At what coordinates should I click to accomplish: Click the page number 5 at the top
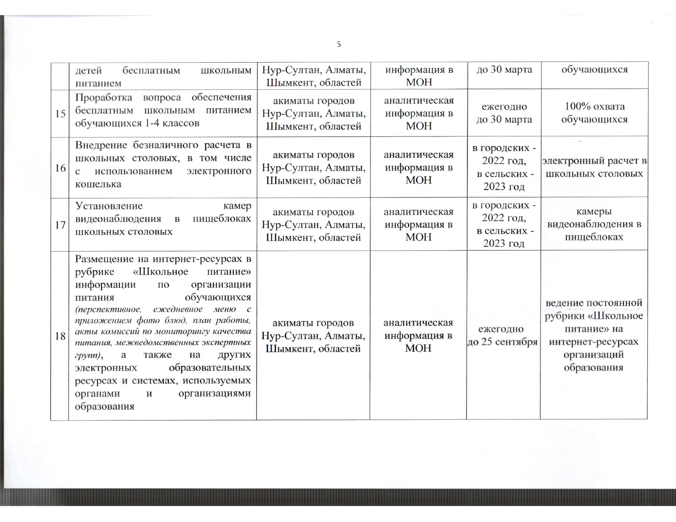(338, 44)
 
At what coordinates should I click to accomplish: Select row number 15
(60, 113)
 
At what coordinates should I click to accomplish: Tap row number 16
(60, 168)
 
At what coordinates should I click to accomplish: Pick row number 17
(60, 225)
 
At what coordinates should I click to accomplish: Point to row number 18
(60, 336)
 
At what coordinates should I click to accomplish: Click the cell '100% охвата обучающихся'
(594, 113)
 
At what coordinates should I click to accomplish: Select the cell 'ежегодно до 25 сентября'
(503, 336)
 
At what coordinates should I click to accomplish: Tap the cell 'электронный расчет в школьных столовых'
(594, 167)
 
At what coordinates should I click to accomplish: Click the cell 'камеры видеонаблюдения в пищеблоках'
(594, 224)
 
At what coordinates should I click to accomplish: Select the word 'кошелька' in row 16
(98, 184)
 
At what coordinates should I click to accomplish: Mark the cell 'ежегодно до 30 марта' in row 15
(504, 113)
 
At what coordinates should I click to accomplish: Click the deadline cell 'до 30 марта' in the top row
(504, 70)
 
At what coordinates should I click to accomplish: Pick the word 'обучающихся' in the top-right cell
(594, 70)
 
